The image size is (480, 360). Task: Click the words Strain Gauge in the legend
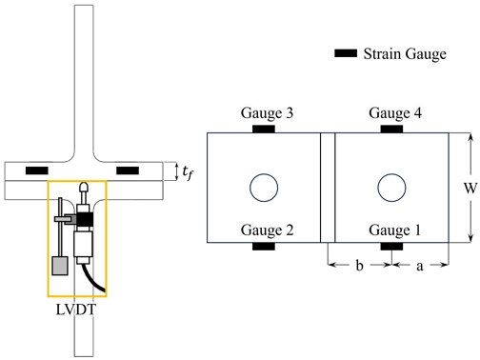[x=405, y=55]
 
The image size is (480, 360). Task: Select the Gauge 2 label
[x=266, y=230]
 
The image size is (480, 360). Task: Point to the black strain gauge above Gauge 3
[x=263, y=129]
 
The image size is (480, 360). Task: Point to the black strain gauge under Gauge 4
[x=392, y=129]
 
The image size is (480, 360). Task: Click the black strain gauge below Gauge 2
[x=263, y=247]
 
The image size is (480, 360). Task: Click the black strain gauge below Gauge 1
[x=392, y=247]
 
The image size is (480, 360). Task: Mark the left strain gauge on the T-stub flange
[x=37, y=170]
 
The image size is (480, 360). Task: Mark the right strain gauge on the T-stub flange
[x=127, y=170]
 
